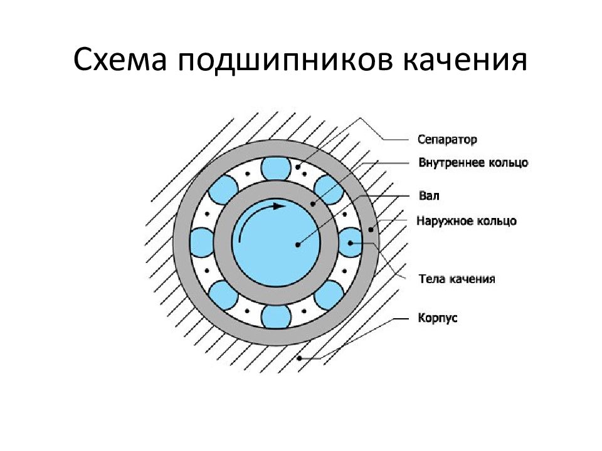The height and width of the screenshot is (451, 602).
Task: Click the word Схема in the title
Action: click(120, 61)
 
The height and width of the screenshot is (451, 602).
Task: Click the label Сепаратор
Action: click(447, 139)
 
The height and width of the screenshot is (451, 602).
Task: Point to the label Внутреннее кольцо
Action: click(473, 163)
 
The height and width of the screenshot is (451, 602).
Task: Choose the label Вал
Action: click(429, 196)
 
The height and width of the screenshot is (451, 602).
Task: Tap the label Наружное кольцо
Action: click(467, 221)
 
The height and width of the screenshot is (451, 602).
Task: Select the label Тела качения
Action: click(457, 279)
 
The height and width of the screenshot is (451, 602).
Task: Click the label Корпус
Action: click(438, 318)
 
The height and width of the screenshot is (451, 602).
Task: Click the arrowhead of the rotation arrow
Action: click(280, 206)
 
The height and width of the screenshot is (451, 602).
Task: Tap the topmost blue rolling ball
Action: click(276, 168)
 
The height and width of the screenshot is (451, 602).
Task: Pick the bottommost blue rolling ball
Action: click(276, 317)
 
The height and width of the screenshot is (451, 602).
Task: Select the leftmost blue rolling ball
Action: click(203, 242)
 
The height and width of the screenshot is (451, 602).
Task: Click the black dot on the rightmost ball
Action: click(350, 243)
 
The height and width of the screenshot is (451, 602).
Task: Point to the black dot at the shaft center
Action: click(297, 245)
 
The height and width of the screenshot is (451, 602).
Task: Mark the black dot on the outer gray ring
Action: click(371, 230)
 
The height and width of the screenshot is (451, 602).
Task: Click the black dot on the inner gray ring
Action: click(312, 204)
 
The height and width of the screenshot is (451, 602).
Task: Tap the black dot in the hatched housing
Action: click(300, 358)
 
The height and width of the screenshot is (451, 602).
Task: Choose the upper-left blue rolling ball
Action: click(223, 189)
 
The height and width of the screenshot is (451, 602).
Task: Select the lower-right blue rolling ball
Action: click(329, 295)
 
